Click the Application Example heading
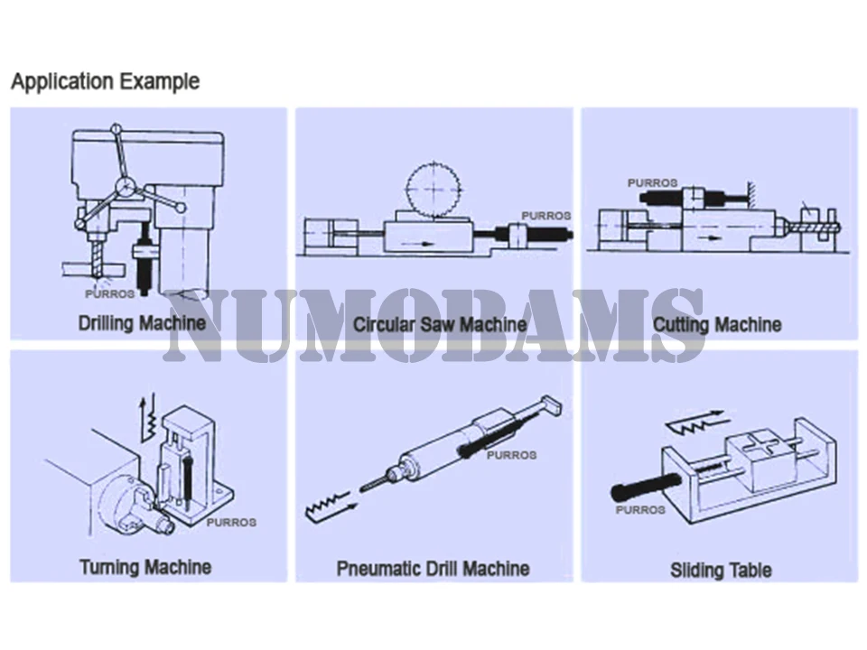pyautogui.click(x=105, y=82)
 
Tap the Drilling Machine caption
pyautogui.click(x=142, y=323)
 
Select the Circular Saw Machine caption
pyautogui.click(x=440, y=324)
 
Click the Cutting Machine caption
pyautogui.click(x=717, y=324)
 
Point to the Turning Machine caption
pyautogui.click(x=145, y=567)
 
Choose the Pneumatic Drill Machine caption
pyautogui.click(x=433, y=568)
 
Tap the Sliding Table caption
pyautogui.click(x=721, y=570)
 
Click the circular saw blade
pyautogui.click(x=434, y=189)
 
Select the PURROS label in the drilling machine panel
pyautogui.click(x=109, y=294)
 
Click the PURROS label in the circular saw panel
pyautogui.click(x=546, y=216)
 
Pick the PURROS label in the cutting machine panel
pyautogui.click(x=652, y=182)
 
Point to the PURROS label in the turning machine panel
pyautogui.click(x=231, y=523)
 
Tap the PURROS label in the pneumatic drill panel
pyautogui.click(x=511, y=455)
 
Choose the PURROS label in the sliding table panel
pyautogui.click(x=640, y=509)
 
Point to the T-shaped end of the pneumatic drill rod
pyautogui.click(x=551, y=405)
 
